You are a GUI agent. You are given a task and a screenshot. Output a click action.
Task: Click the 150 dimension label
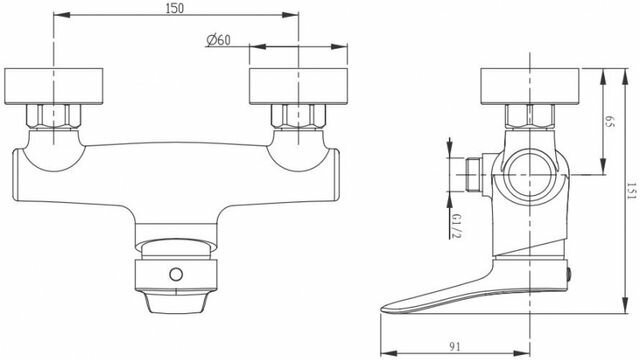pyautogui.click(x=175, y=8)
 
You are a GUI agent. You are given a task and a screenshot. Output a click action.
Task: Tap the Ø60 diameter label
pyautogui.click(x=218, y=40)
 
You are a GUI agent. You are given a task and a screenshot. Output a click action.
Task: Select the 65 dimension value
pyautogui.click(x=609, y=121)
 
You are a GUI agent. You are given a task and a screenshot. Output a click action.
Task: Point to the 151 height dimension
pyautogui.click(x=632, y=191)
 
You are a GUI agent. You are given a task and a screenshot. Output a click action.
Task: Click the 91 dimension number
pyautogui.click(x=455, y=347)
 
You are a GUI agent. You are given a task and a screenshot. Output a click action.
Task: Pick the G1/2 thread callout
pyautogui.click(x=457, y=224)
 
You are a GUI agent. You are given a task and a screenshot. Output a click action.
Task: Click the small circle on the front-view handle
pyautogui.click(x=176, y=275)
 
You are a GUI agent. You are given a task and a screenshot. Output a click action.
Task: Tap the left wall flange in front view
pyautogui.click(x=53, y=87)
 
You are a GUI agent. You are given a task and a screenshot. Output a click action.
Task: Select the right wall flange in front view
pyautogui.click(x=298, y=87)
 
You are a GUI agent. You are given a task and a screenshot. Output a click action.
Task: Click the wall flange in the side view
pyautogui.click(x=530, y=87)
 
